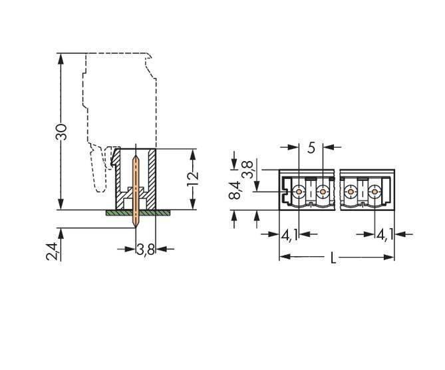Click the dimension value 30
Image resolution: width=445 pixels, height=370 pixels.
coord(61,131)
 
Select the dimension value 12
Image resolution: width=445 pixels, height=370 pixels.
coord(192,178)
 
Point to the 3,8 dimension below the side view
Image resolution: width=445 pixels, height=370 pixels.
coord(146,250)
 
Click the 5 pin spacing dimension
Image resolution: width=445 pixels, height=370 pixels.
coord(311,148)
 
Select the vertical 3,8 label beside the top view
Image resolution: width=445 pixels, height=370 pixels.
coord(247,169)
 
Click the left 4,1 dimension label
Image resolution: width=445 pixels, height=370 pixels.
coord(289,234)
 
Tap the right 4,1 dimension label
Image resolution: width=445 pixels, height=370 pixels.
coord(384,234)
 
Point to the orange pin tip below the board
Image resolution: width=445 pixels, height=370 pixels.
coord(136,222)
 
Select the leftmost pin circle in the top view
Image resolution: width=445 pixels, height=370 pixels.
coord(299,192)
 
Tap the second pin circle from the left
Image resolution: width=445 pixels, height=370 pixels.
coord(323,192)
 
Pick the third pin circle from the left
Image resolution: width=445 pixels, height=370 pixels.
coord(350,192)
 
